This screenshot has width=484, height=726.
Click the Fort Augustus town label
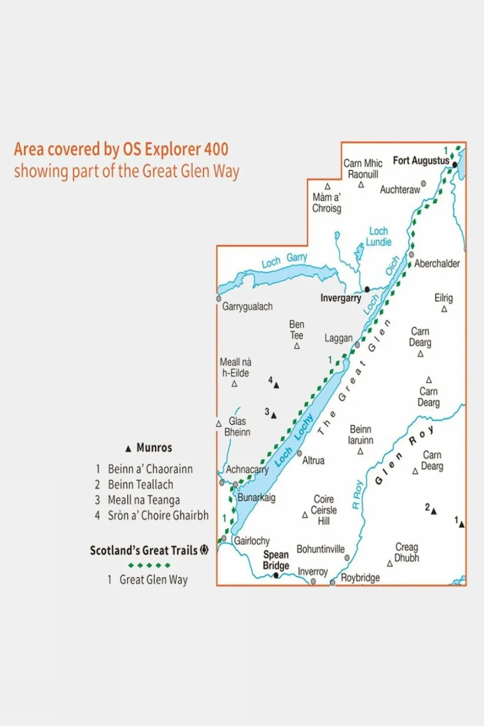(421, 160)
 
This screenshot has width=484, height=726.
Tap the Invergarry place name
(341, 298)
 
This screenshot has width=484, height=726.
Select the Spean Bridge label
(276, 560)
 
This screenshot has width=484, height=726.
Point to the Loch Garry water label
(284, 260)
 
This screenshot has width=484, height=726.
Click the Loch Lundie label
(379, 237)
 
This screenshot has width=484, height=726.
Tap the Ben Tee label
(297, 329)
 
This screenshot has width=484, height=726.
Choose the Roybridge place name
(360, 578)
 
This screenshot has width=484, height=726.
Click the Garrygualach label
(247, 306)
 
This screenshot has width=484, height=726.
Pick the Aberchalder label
(437, 263)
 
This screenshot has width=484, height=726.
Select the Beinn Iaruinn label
(361, 434)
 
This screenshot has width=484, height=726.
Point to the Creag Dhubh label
(407, 552)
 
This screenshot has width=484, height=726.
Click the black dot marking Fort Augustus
(455, 164)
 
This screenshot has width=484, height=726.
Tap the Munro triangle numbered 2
(434, 511)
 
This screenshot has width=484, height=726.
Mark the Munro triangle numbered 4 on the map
(276, 385)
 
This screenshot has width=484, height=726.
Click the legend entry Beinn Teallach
(140, 484)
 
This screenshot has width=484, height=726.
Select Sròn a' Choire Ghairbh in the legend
(158, 515)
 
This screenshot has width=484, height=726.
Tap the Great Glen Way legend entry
(153, 580)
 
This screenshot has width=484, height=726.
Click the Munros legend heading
(154, 448)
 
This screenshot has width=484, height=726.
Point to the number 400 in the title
(216, 149)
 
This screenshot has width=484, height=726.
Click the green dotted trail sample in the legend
(149, 565)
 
